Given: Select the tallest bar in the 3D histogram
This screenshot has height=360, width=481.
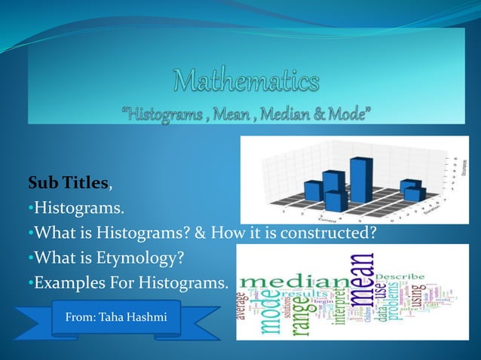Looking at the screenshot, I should [x=361, y=179].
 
